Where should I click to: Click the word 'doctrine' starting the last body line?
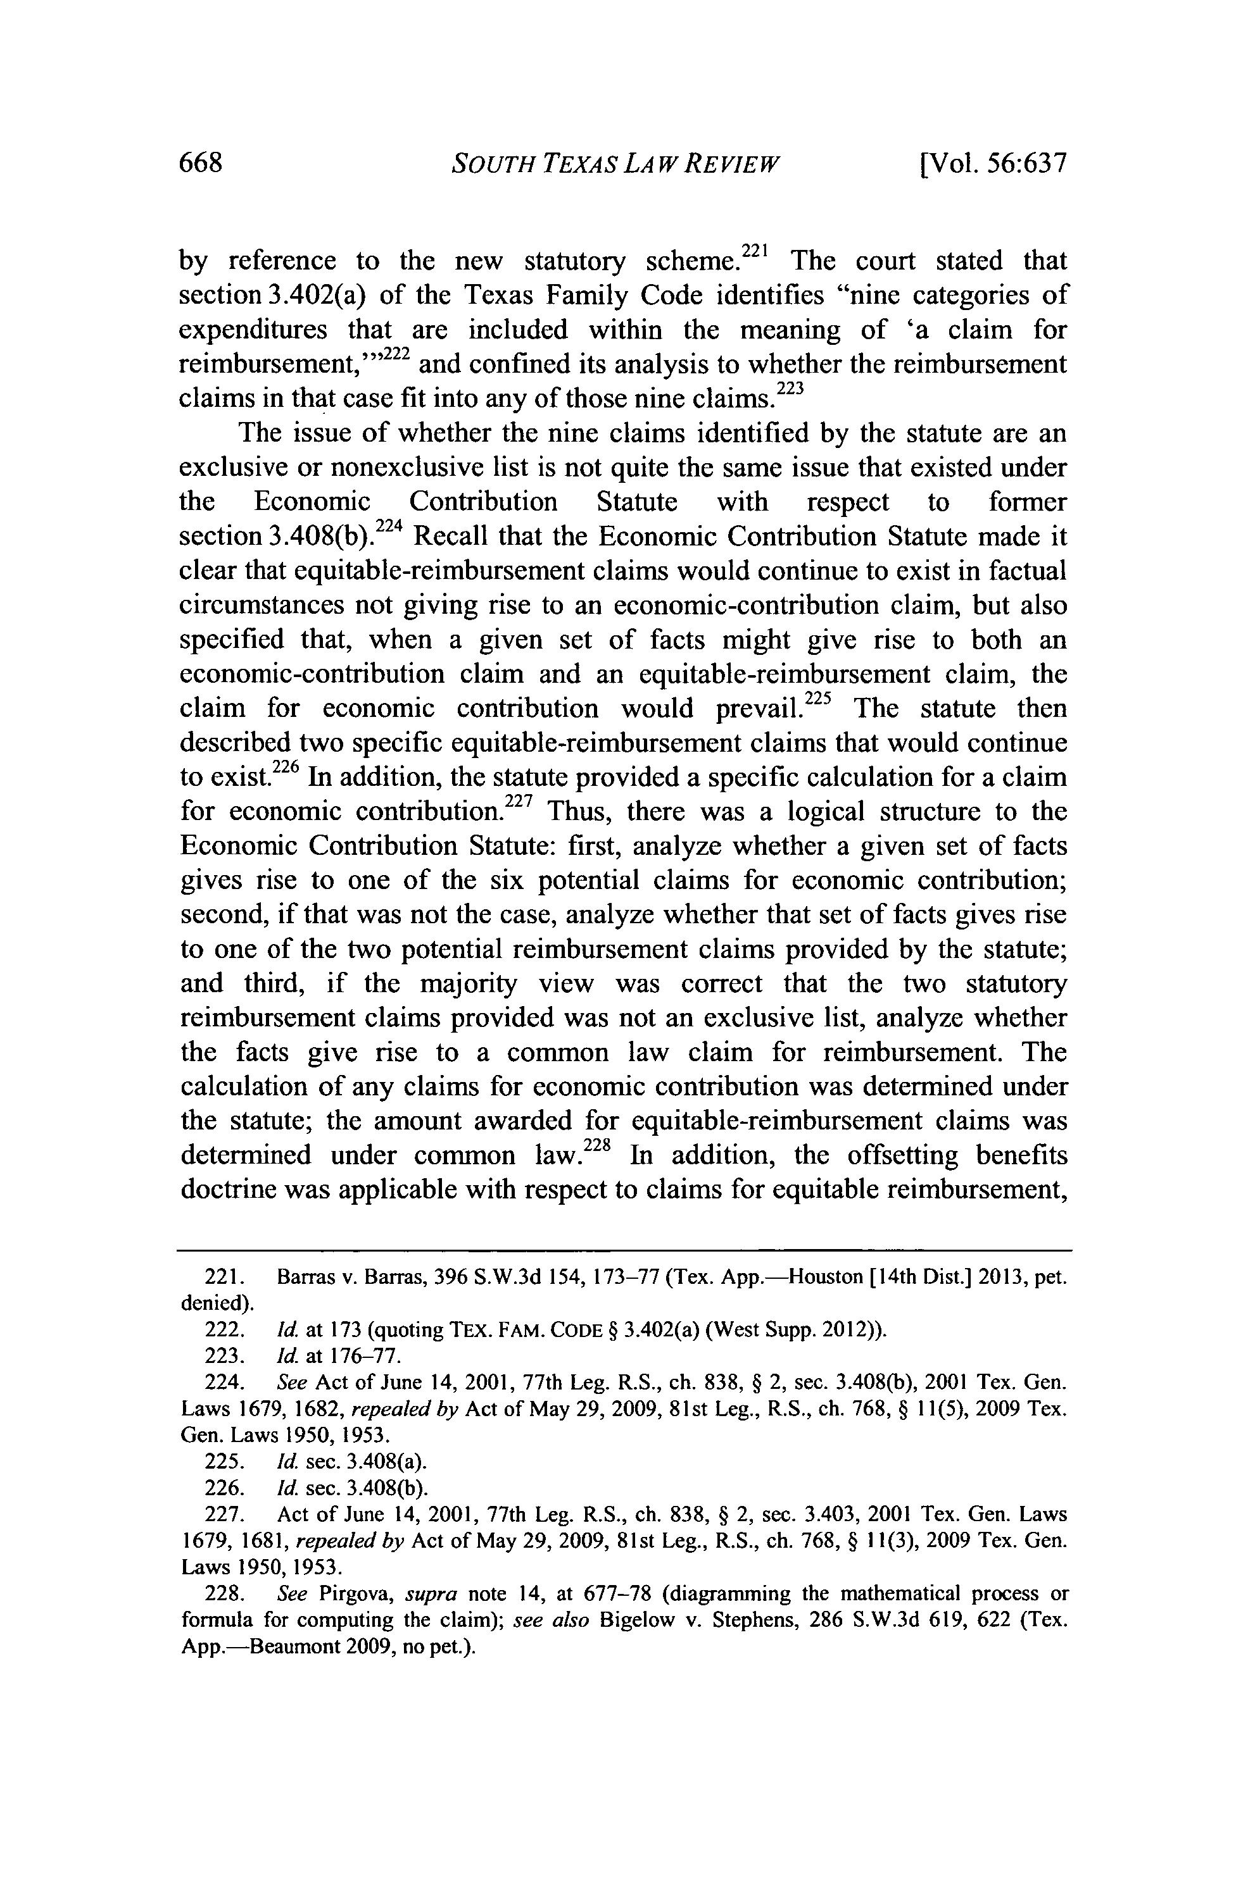(228, 1190)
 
